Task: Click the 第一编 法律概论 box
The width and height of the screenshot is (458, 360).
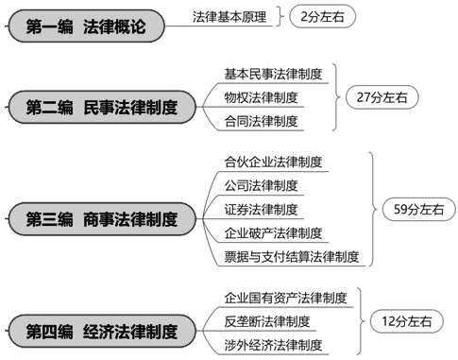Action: [85, 25]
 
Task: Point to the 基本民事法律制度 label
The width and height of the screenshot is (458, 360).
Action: [272, 72]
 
